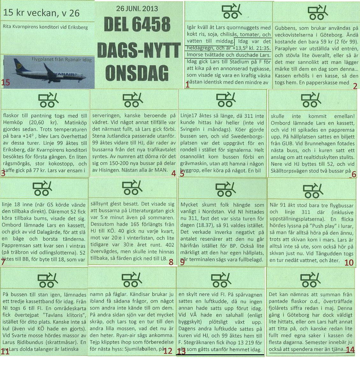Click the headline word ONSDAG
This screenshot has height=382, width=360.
(x=137, y=73)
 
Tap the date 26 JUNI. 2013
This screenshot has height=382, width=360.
(x=137, y=9)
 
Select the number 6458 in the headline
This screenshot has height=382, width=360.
(x=153, y=25)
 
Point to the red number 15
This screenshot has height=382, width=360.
(x=6, y=82)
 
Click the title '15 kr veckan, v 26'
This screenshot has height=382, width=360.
(x=41, y=13)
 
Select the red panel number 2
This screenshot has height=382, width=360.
(x=355, y=85)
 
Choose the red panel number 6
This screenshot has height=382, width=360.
(x=354, y=174)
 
